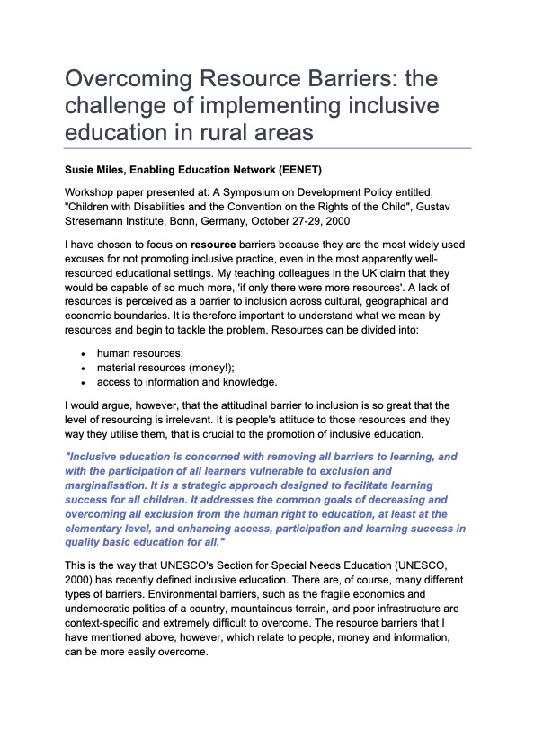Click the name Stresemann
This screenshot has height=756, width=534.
point(102,220)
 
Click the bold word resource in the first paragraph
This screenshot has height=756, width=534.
point(215,245)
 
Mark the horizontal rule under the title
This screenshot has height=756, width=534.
point(267,147)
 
